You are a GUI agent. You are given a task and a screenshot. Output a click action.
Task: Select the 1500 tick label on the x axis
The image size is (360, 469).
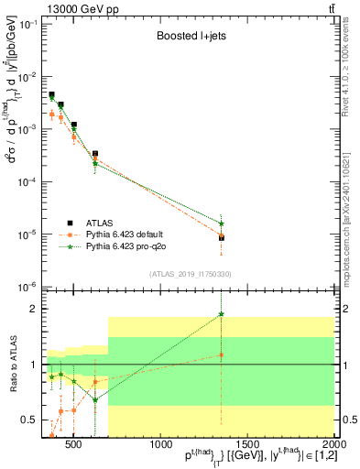[x=247, y=443]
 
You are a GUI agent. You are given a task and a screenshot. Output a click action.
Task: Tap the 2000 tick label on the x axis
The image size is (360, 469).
[x=333, y=443]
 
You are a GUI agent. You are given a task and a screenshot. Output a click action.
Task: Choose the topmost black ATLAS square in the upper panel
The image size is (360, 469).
[x=52, y=94]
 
